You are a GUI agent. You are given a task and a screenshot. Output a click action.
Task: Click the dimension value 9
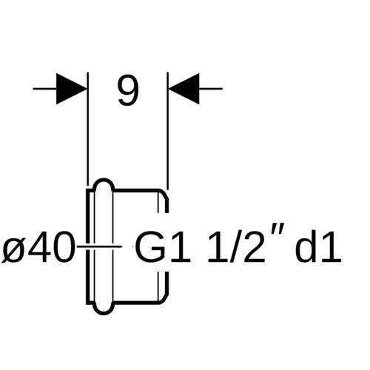pos(128,91)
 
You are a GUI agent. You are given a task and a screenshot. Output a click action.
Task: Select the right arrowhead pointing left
pos(184,89)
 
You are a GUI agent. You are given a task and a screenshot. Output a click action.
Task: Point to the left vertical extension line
pos(88,129)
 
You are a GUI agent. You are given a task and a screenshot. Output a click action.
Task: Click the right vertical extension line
pos(167,131)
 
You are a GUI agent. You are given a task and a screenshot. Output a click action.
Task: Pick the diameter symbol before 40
pos(14,246)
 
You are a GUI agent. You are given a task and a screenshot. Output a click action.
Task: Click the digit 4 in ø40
pos(38,246)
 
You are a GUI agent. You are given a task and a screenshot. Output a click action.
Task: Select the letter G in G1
pos(150,246)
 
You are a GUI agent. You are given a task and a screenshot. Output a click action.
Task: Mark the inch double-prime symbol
pos(272,229)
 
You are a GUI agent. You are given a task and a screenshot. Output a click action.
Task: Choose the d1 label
pos(318,246)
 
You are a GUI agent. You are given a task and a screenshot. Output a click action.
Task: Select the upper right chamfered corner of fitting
pos(164,194)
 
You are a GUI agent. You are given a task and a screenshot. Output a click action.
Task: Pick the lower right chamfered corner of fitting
pos(164,298)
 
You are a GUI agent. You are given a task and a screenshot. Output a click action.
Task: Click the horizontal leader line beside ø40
pos(99,246)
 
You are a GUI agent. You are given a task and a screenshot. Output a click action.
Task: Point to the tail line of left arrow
pos(44,89)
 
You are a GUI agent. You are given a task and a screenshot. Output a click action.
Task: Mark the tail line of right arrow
pos(211,89)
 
